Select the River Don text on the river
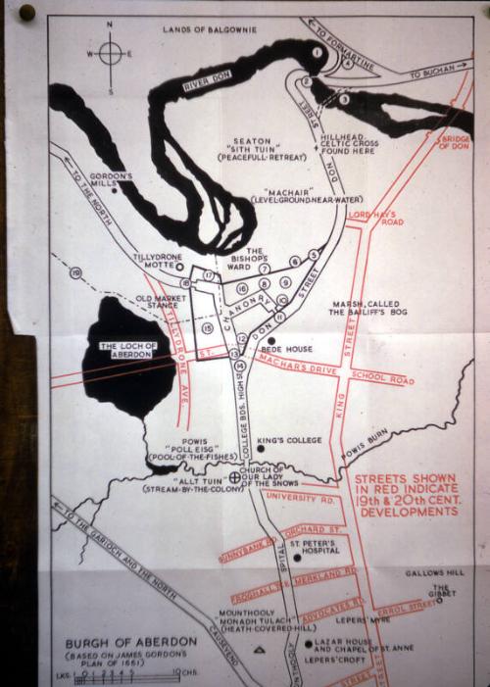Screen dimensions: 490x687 tap(209, 83)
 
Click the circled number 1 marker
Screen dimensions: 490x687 tap(317, 49)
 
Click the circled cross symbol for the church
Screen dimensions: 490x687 tap(234, 477)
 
